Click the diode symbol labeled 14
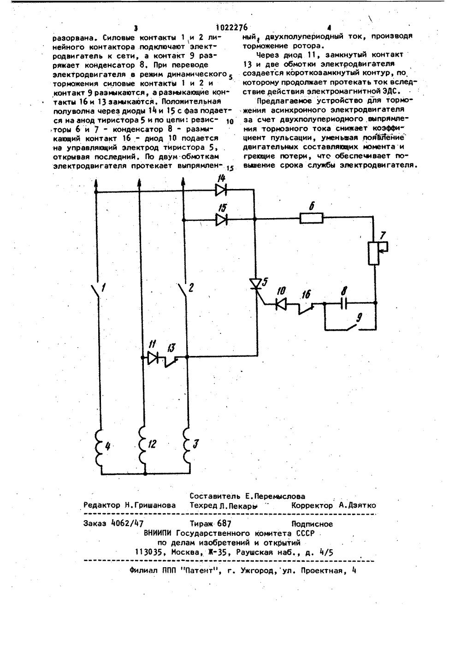[222, 189]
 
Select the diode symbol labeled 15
[222, 220]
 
